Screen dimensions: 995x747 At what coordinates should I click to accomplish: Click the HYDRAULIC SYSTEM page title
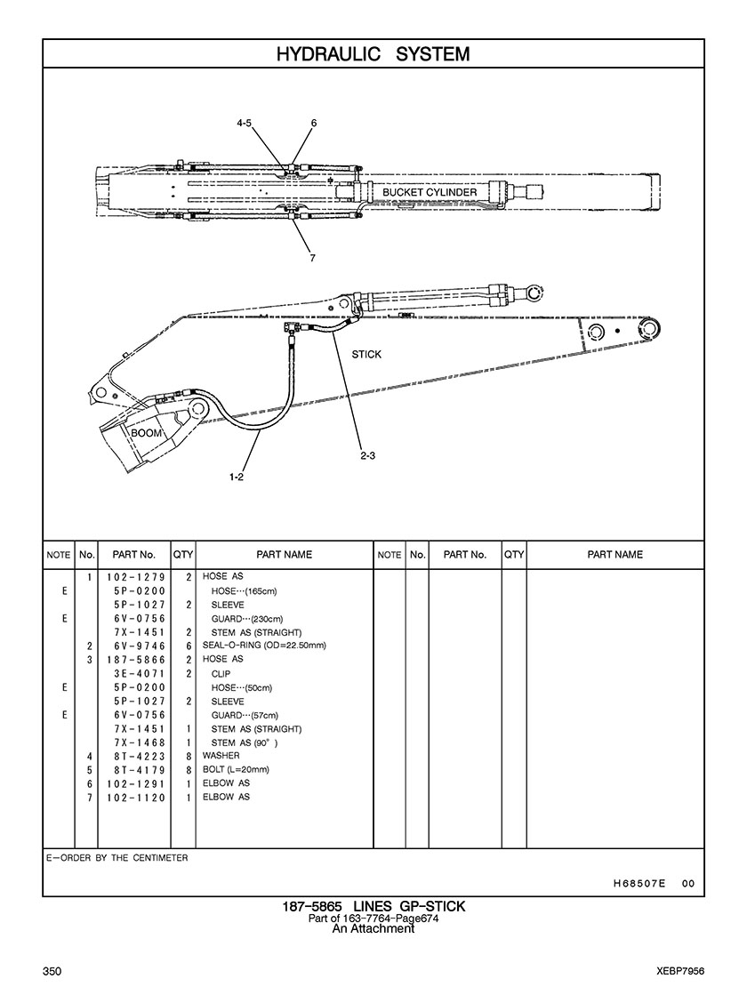pyautogui.click(x=373, y=54)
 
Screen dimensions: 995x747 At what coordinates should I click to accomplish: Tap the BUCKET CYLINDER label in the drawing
pyautogui.click(x=430, y=192)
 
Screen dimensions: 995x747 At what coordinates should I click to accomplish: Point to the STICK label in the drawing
pyautogui.click(x=366, y=354)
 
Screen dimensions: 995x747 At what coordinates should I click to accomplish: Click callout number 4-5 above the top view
pyautogui.click(x=244, y=123)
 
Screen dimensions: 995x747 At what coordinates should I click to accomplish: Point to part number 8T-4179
pyautogui.click(x=141, y=770)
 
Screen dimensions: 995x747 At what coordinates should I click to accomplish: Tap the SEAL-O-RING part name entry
pyautogui.click(x=264, y=646)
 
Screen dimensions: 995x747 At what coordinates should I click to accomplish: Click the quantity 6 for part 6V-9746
pyautogui.click(x=189, y=646)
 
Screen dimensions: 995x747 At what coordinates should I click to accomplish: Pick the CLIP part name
pyautogui.click(x=221, y=674)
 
